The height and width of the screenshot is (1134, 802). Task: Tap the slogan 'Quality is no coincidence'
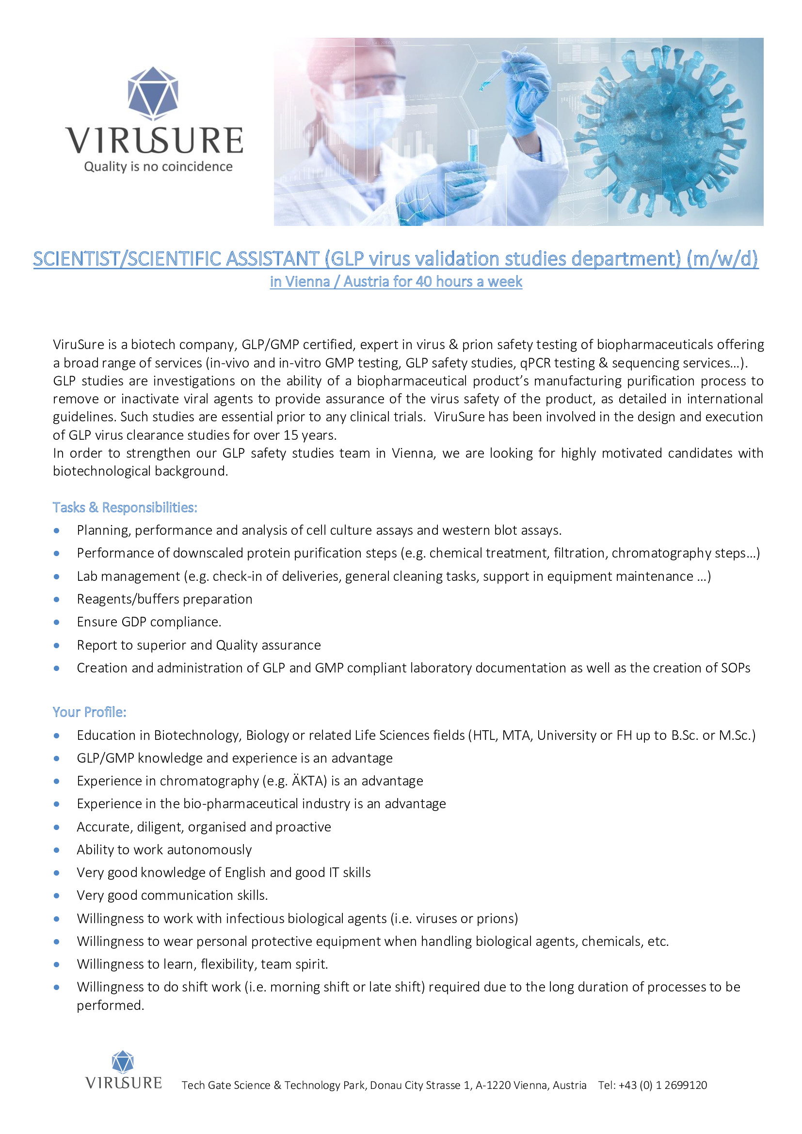point(158,167)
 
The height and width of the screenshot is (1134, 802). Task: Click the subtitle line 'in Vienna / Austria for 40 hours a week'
point(396,282)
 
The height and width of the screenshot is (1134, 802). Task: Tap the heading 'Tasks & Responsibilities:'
point(125,508)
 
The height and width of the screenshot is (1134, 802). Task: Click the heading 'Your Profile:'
point(89,712)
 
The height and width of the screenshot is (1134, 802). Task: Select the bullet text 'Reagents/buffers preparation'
point(164,599)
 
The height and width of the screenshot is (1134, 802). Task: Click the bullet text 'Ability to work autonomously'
point(164,849)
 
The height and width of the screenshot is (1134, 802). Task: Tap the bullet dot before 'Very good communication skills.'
point(57,895)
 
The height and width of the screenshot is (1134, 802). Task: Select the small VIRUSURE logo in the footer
point(124,1071)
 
